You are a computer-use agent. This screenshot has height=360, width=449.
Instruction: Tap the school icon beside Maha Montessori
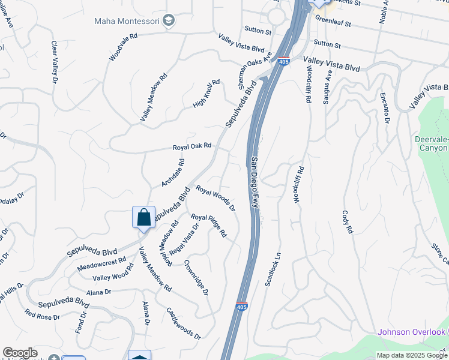(x=169, y=21)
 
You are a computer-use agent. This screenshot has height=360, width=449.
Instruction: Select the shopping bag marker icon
(x=143, y=217)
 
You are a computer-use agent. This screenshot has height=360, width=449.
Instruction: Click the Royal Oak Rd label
(x=192, y=146)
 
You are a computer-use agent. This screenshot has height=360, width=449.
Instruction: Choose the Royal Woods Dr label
(x=215, y=197)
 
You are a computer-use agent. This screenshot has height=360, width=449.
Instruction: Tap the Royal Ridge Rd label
(x=208, y=225)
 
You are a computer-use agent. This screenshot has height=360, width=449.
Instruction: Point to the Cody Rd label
(x=346, y=221)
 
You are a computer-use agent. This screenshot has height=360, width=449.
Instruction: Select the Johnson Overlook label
(x=411, y=332)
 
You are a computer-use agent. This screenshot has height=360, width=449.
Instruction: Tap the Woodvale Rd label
(x=124, y=47)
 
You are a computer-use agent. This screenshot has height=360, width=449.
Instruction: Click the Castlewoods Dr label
(x=184, y=323)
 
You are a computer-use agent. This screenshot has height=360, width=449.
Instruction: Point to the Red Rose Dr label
(x=42, y=314)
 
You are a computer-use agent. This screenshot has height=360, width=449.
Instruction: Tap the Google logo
(x=20, y=353)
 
